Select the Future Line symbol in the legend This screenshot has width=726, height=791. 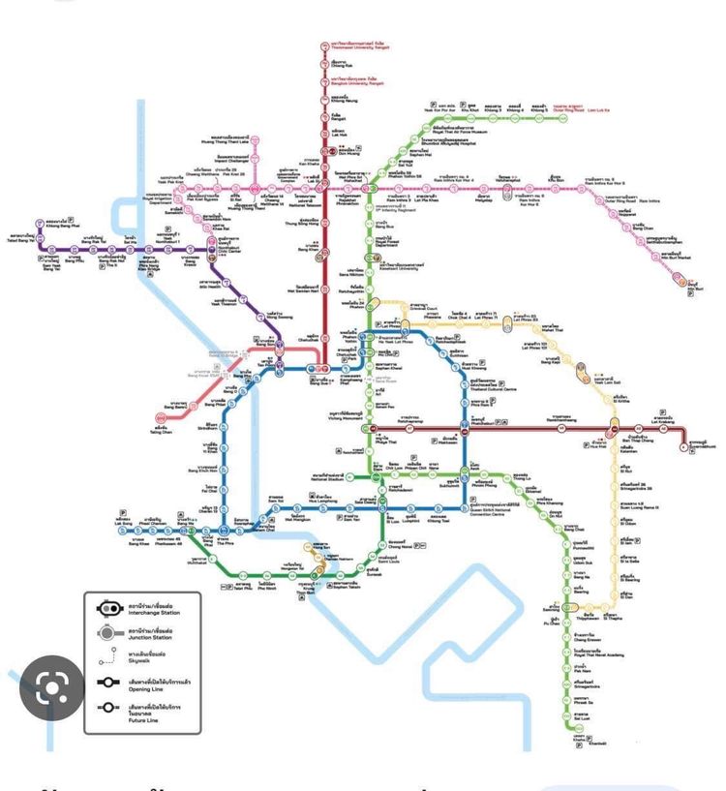coord(107,709)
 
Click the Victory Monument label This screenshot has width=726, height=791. coord(334,419)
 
